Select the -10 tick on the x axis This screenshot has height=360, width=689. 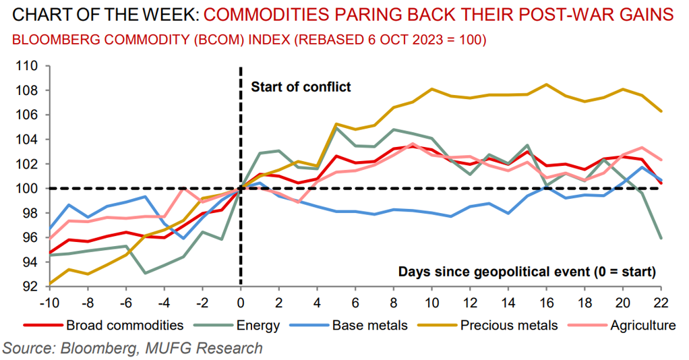pos(49,300)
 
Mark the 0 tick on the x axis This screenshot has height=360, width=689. pos(241,300)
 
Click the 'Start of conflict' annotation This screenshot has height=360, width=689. pos(301,86)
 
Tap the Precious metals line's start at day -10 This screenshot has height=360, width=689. pos(49,283)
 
